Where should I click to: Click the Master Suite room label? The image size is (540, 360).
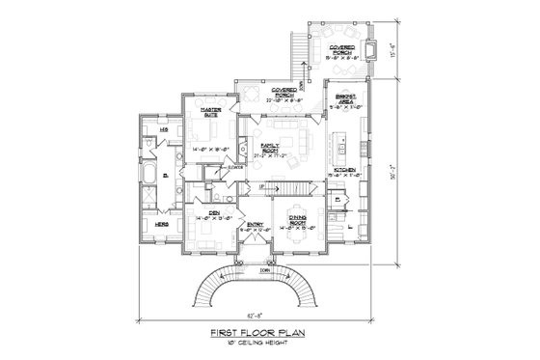click(x=211, y=112)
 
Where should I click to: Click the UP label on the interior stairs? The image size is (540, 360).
click(x=262, y=184)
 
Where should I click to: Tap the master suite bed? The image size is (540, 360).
click(x=211, y=134)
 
